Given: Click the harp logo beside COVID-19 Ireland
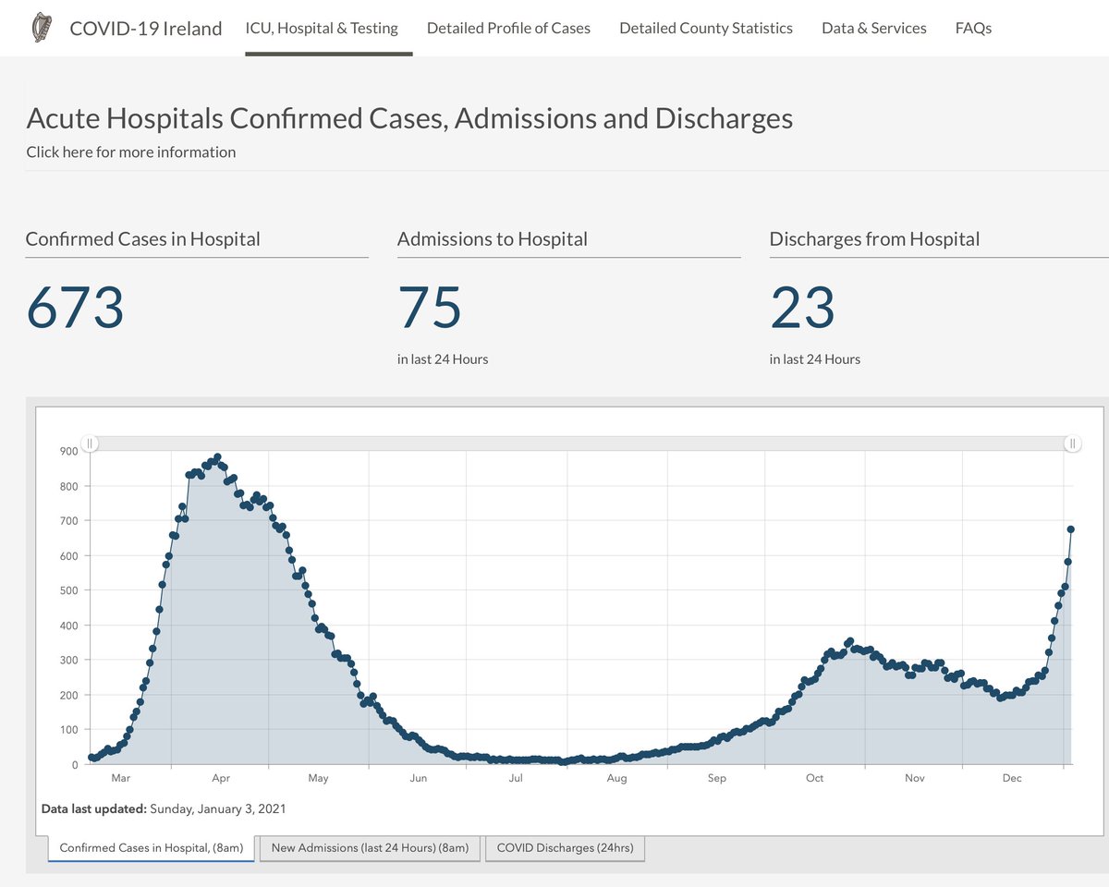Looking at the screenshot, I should [x=41, y=28].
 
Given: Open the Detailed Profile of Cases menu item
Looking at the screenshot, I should [x=508, y=28].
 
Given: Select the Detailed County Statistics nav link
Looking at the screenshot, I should [x=705, y=28].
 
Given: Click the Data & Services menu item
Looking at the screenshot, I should [x=873, y=28].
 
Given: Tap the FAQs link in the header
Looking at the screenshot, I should [x=973, y=28].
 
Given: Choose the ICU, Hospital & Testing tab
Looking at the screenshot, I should [x=322, y=28].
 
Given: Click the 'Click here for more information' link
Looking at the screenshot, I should [x=130, y=152].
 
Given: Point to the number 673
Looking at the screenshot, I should [x=75, y=308].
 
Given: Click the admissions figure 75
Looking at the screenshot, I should [x=429, y=308].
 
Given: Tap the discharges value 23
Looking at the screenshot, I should [x=802, y=308].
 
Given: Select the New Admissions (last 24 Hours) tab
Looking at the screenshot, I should [x=370, y=847].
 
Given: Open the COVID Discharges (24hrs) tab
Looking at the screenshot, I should [x=565, y=847].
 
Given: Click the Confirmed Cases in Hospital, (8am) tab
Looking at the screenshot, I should [x=152, y=847].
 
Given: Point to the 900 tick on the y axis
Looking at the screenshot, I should [x=68, y=451].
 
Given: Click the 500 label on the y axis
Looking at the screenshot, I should [x=68, y=590].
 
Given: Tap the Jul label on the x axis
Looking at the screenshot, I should [x=516, y=778].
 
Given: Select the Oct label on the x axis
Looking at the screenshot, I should [x=814, y=778].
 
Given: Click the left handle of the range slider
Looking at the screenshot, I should [x=90, y=443].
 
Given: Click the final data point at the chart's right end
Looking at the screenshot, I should [x=1070, y=529].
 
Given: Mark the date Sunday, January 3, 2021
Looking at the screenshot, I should [x=218, y=808].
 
